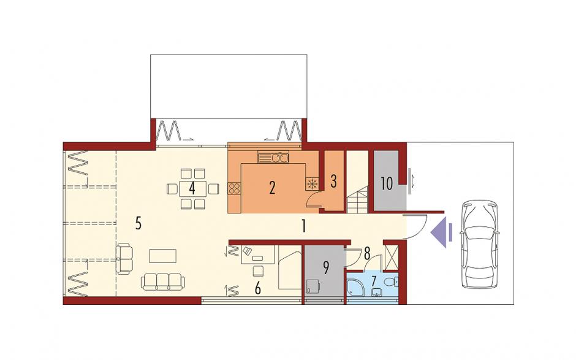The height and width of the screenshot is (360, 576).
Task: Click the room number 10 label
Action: pyautogui.click(x=387, y=183)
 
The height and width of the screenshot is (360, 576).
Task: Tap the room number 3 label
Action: pyautogui.click(x=333, y=181)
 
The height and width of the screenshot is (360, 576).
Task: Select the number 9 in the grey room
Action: pyautogui.click(x=325, y=268)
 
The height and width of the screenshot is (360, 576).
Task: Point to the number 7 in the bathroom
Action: pyautogui.click(x=374, y=281)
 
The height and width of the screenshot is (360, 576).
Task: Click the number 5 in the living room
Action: pyautogui.click(x=138, y=223)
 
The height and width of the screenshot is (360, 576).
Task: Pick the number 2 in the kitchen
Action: pyautogui.click(x=272, y=188)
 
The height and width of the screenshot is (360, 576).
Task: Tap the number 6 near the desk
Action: pyautogui.click(x=257, y=289)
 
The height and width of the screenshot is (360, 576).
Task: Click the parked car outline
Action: pyautogui.click(x=482, y=244)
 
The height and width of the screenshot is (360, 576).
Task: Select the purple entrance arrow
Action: pyautogui.click(x=440, y=232)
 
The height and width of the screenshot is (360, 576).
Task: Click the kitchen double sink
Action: pyautogui.click(x=274, y=157)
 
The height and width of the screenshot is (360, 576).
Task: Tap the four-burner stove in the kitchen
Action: pyautogui.click(x=234, y=188)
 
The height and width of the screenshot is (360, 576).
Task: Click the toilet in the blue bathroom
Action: pyautogui.click(x=391, y=281)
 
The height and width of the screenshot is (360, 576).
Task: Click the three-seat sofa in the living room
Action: pyautogui.click(x=163, y=281)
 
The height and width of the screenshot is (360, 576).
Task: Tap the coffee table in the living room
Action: pyautogui.click(x=163, y=256)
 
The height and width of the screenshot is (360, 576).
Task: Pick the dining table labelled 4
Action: pyautogui.click(x=192, y=189)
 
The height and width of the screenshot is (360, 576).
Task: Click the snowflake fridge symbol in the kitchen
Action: pyautogui.click(x=311, y=184)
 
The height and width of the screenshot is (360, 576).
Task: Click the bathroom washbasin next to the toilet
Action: pyautogui.click(x=376, y=293)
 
